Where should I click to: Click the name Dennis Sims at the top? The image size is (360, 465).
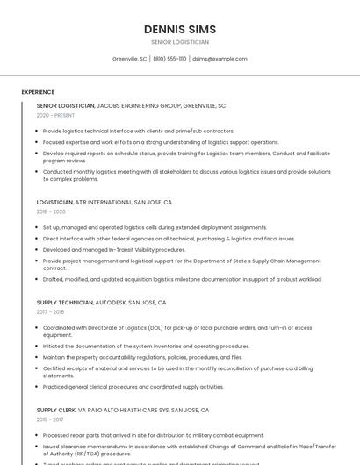coord(180,29)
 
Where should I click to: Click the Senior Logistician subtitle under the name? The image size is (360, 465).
coord(180,42)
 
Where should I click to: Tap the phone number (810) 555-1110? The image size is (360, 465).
coord(170,59)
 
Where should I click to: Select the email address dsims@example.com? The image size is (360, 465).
coord(220,59)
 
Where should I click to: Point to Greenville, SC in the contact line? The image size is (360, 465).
coord(130,59)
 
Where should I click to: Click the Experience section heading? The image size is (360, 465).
coord(38,92)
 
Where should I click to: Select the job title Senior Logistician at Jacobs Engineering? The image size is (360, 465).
coord(65,105)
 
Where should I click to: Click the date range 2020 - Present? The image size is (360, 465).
coord(55,115)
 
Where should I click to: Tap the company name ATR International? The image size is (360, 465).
coord(104,202)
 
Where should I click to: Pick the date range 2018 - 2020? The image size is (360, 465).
coord(51,211)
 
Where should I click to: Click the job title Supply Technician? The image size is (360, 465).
coord(65,303)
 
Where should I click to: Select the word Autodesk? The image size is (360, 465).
coord(111,303)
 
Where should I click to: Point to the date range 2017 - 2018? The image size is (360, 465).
coord(50,312)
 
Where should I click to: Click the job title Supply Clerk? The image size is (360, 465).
coord(56,410)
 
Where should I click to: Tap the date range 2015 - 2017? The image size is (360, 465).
coord(49,419)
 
